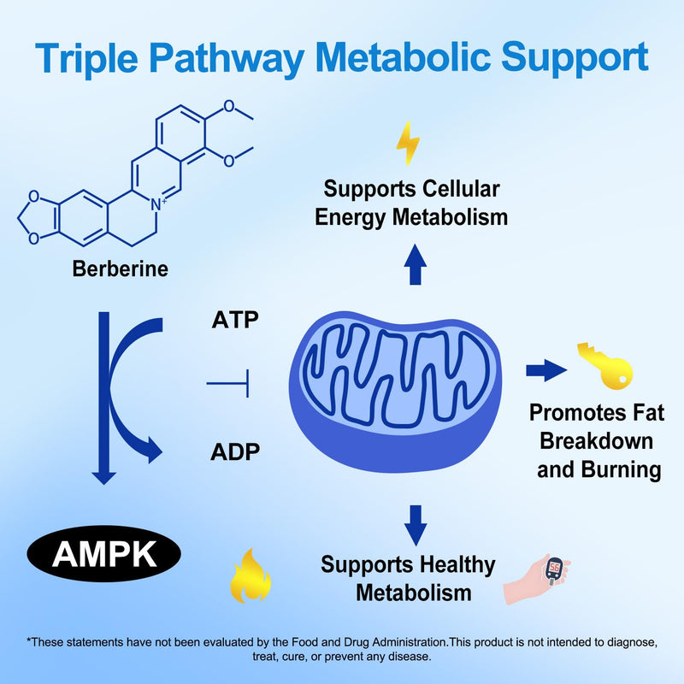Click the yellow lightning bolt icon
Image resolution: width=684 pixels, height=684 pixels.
(x=409, y=143)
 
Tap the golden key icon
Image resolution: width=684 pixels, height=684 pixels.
(x=605, y=366)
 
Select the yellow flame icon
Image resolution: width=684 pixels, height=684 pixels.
(x=251, y=575)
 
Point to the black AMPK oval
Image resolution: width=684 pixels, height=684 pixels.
(x=103, y=553)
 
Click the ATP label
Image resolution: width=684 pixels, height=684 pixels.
(x=235, y=320)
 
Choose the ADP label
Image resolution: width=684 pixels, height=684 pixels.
(x=235, y=451)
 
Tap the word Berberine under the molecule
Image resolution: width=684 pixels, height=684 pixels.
(x=120, y=268)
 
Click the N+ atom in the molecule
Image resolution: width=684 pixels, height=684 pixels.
(x=158, y=204)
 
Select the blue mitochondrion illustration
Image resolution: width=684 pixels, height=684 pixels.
(x=395, y=392)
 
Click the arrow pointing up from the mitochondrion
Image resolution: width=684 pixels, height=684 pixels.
(x=416, y=264)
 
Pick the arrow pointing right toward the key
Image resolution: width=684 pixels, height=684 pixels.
(x=546, y=370)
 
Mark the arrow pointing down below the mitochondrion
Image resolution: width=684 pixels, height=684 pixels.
(x=416, y=525)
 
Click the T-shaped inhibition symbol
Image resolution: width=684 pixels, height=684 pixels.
(x=228, y=383)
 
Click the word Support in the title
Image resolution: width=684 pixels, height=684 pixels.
(x=575, y=58)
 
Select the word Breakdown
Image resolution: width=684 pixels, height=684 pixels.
(x=596, y=441)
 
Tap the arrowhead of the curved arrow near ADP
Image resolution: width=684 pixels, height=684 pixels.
(x=153, y=450)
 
